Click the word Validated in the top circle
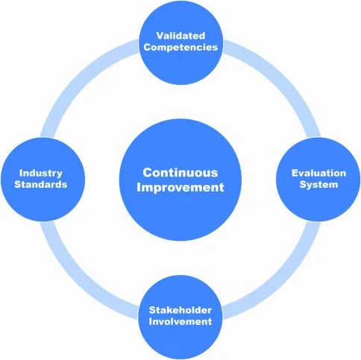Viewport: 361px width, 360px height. pos(180,36)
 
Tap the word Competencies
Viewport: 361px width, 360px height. pos(180,47)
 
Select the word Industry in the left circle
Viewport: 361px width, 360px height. pos(41,173)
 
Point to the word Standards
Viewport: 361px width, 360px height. pos(41,184)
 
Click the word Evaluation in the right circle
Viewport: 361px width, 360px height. pos(318,173)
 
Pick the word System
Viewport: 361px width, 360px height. pos(318,185)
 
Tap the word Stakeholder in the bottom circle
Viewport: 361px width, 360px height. pos(180,310)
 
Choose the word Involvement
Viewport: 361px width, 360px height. pos(180,321)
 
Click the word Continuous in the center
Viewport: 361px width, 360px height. pos(180,172)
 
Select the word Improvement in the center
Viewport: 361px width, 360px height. pos(180,187)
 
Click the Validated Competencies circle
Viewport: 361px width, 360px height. pos(180,42)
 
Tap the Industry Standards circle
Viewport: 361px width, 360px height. pos(43,180)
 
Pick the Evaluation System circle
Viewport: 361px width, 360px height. pos(318,180)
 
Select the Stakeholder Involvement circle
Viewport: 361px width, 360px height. pos(180,317)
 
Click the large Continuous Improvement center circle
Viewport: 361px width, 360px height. pos(180,180)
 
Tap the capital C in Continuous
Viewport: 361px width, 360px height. pos(148,172)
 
